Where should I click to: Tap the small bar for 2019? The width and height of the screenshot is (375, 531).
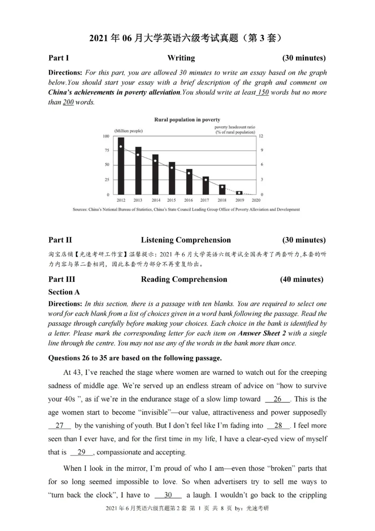(x=240, y=192)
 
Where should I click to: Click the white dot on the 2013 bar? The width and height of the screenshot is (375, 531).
(x=138, y=155)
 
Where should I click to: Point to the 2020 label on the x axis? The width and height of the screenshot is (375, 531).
(x=256, y=200)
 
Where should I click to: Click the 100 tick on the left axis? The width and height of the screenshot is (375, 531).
(x=105, y=136)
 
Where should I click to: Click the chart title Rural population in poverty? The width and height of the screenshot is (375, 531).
(x=187, y=120)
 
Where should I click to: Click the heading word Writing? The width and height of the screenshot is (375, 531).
(x=181, y=58)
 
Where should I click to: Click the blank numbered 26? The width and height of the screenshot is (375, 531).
(x=277, y=399)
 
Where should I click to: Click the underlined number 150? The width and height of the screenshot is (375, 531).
(x=263, y=92)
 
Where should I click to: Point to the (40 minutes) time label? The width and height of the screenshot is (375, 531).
(x=301, y=280)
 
